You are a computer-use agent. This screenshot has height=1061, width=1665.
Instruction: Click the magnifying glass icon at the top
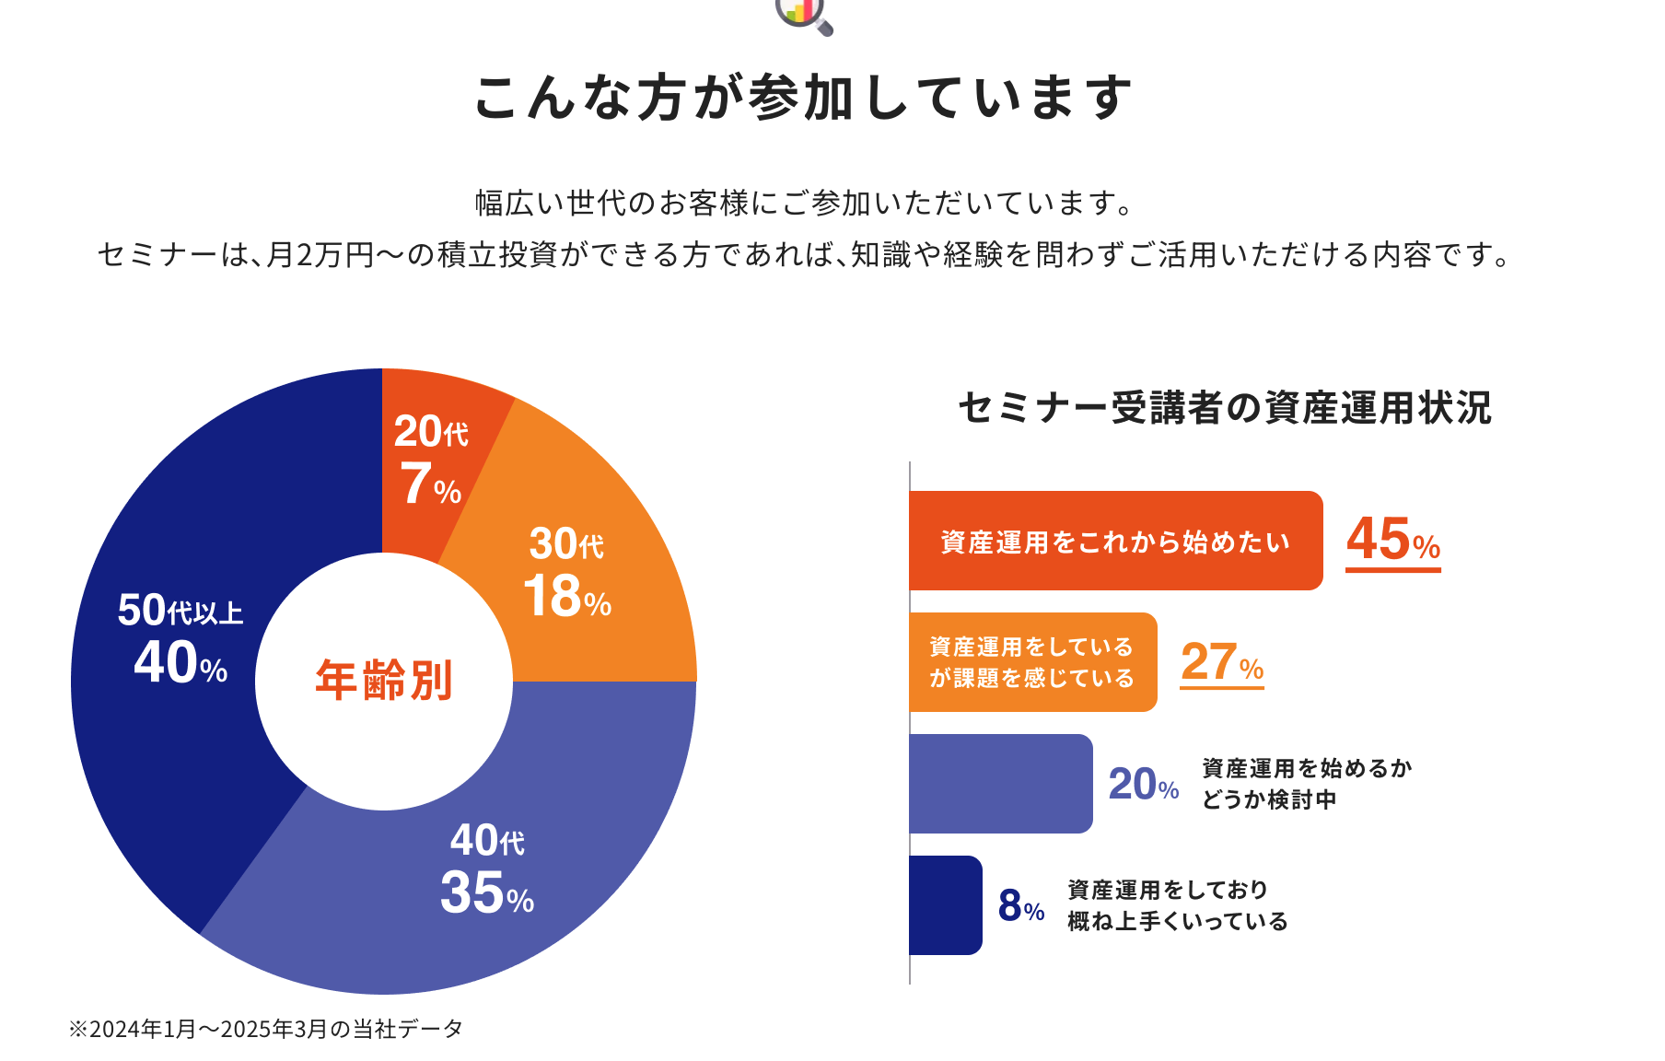pos(805,15)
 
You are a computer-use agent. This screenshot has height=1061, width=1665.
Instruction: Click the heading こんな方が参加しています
pos(803,98)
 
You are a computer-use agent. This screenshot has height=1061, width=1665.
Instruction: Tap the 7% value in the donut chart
pos(430,484)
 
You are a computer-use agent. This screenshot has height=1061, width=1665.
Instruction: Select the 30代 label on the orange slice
pos(566,544)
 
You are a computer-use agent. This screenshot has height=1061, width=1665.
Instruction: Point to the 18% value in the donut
pos(567,597)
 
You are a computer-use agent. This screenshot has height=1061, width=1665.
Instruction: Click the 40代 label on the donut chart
pos(487,841)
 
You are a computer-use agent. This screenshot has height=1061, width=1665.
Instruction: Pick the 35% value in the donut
pos(487,893)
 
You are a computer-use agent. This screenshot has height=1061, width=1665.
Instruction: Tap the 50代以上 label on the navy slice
pos(180,611)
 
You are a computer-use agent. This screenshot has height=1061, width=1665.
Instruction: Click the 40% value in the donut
pos(180,663)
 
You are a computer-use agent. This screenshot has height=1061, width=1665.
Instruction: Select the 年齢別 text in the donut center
pos(384,682)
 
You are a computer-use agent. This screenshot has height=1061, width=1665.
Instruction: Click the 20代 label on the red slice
pos(431,432)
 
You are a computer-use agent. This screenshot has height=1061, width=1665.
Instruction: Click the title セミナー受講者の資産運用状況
pos(1225,408)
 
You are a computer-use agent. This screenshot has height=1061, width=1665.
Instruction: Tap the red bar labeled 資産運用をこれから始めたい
pos(1115,542)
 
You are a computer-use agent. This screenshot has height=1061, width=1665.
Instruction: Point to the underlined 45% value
pos(1392,541)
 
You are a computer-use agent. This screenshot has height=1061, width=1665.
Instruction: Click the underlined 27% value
pos(1222,662)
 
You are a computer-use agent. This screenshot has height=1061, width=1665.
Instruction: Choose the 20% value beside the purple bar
pos(1144,785)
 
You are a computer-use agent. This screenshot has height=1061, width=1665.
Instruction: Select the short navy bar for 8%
pos(945,905)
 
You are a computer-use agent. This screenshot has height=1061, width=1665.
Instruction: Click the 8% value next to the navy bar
pos(1021,906)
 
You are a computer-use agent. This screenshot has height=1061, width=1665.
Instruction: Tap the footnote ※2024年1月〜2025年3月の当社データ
pos(266,1029)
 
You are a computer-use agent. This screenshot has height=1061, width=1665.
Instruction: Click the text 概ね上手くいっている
pos(1178,922)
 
